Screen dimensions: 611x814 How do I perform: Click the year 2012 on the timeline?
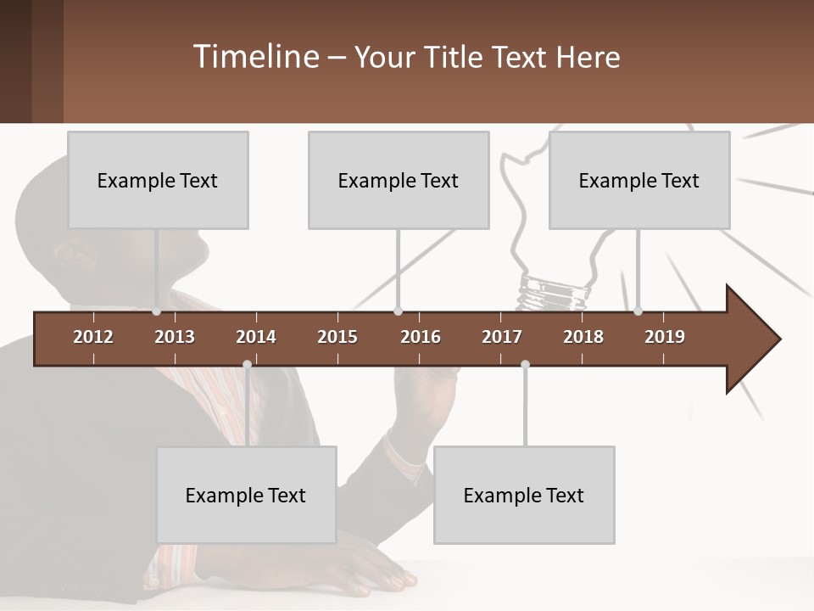tap(93, 337)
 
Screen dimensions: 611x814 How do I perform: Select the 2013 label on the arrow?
tap(175, 337)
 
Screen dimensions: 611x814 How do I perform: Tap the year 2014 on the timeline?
tap(256, 337)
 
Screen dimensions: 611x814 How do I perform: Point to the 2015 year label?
tap(337, 337)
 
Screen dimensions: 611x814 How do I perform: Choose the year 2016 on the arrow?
tap(421, 337)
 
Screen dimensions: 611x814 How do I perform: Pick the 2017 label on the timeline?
tap(502, 337)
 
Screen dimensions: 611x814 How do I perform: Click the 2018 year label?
tap(583, 337)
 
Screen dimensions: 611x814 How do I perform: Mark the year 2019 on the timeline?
tap(665, 337)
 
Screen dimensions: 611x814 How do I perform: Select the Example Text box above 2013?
tap(158, 180)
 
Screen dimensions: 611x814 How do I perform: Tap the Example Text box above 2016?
tap(399, 180)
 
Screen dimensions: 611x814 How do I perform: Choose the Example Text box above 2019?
tap(639, 180)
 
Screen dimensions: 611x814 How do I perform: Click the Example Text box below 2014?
tap(246, 495)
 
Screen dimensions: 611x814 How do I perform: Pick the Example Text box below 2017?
tap(524, 495)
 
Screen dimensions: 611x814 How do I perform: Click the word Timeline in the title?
tap(254, 57)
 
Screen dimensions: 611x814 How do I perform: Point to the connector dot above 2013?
tap(156, 311)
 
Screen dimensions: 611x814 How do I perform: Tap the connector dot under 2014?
tap(247, 365)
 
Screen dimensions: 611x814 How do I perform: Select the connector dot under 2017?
tap(525, 365)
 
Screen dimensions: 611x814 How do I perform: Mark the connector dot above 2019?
tap(638, 311)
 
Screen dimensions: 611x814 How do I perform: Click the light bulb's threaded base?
tap(554, 293)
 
